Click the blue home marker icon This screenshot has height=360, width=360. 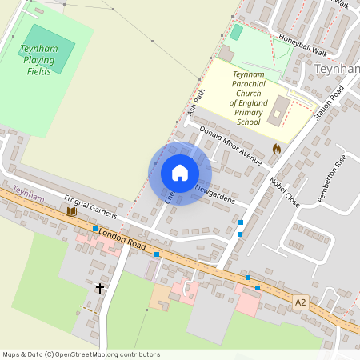[x=180, y=172]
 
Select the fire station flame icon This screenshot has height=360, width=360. [x=277, y=148]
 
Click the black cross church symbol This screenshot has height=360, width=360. [x=100, y=288]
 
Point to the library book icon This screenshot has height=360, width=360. [x=70, y=211]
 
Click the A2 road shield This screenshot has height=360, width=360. [x=301, y=302]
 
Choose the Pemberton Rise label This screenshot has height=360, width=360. [x=330, y=178]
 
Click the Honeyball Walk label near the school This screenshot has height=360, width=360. [x=304, y=46]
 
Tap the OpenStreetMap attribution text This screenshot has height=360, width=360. [x=81, y=354]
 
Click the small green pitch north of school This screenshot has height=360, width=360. [x=236, y=32]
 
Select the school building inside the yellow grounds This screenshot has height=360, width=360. [x=277, y=111]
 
